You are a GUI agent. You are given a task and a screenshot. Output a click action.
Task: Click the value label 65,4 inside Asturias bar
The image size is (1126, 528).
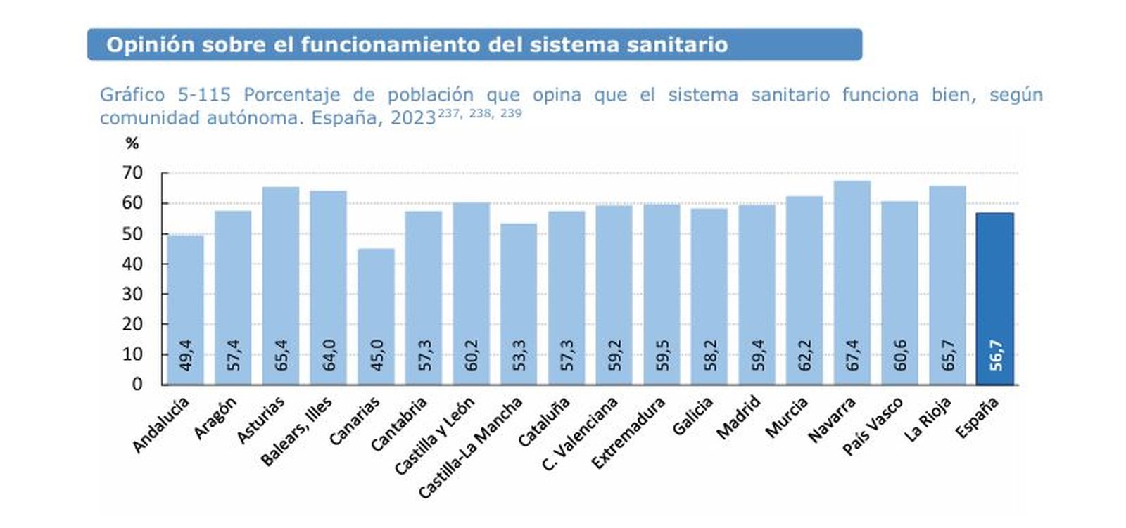point(281,355)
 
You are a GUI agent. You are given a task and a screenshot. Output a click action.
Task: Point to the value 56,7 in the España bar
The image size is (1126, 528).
point(996,355)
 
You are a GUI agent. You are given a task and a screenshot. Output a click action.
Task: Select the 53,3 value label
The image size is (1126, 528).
point(519,355)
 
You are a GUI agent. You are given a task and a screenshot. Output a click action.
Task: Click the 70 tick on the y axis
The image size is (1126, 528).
point(132,173)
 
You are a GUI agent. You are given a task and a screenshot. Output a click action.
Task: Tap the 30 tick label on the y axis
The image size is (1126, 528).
point(132,294)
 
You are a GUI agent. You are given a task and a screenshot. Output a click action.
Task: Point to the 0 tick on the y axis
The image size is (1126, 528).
point(137,385)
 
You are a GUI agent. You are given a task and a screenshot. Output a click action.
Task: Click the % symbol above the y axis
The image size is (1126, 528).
point(132,143)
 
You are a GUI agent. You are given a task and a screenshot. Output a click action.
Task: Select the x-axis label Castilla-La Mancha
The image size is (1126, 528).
point(470,448)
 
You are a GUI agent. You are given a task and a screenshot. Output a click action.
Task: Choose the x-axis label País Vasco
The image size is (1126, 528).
point(872,426)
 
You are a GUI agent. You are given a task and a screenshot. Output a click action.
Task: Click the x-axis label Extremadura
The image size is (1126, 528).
point(628,433)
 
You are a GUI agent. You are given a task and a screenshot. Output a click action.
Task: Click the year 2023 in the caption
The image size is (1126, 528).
point(413,118)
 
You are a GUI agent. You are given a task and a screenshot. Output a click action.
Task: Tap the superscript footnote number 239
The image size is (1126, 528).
point(511,113)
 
